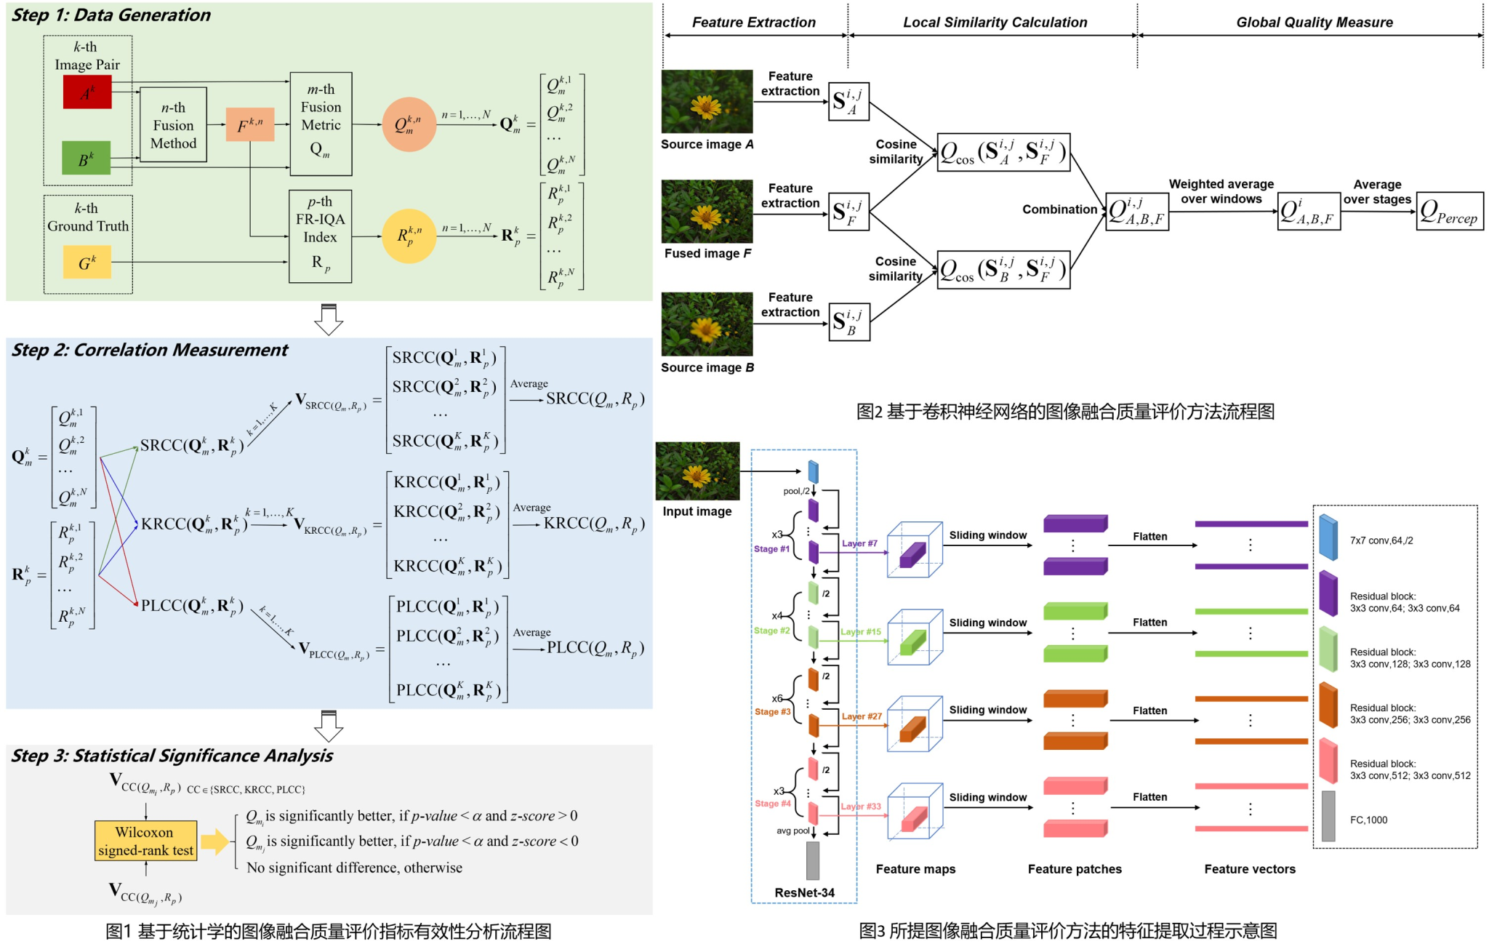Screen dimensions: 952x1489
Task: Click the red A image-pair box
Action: point(87,92)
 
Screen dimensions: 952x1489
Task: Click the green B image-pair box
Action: point(86,159)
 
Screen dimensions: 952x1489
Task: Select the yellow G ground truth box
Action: point(87,263)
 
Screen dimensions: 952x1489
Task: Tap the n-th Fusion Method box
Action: point(173,125)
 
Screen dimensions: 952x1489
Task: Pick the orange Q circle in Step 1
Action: point(409,124)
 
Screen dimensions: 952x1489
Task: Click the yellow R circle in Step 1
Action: point(409,236)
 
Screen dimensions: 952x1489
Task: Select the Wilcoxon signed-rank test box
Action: point(145,841)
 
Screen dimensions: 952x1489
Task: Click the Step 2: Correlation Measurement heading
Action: point(150,351)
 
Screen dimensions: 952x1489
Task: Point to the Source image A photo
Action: point(707,101)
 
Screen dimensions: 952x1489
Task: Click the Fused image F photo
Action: point(707,212)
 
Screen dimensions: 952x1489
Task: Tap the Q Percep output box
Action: point(1449,212)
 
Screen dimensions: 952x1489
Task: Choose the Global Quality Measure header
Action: point(1315,23)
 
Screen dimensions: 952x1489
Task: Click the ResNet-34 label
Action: point(804,892)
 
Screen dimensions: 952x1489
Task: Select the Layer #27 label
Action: point(862,716)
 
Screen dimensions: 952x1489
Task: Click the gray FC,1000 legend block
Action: point(1328,817)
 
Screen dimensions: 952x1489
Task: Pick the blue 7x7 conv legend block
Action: point(1328,537)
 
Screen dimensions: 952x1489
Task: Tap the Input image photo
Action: point(697,471)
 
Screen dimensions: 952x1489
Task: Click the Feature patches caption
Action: point(1075,869)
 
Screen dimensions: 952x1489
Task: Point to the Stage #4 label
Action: point(772,804)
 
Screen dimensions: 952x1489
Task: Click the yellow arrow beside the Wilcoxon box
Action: point(214,841)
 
